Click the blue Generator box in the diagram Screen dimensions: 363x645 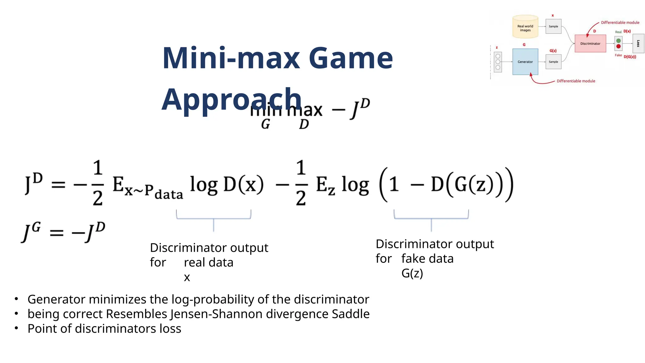(525, 62)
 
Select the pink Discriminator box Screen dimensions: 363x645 (590, 43)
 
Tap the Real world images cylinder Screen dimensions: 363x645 (525, 27)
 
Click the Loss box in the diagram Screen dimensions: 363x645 (638, 43)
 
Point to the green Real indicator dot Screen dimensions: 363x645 (619, 41)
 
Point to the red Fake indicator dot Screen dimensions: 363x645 (619, 46)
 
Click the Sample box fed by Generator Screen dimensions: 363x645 (553, 62)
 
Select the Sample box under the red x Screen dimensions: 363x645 (553, 26)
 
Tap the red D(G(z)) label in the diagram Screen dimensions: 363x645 (630, 57)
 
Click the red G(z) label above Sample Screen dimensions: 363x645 (553, 51)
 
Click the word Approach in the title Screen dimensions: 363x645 (231, 99)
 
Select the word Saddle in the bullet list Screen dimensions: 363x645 (351, 314)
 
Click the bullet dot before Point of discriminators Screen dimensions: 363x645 (16, 328)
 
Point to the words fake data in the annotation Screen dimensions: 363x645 (427, 259)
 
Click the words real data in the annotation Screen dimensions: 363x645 (208, 262)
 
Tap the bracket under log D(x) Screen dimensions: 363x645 (214, 218)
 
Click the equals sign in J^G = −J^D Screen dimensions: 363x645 (57, 233)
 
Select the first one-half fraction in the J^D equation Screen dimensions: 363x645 (98, 183)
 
